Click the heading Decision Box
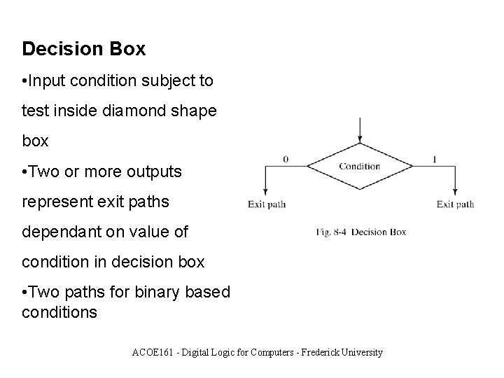point(84,49)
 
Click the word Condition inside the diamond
point(359,167)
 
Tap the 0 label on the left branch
point(286,160)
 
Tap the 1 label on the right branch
point(435,160)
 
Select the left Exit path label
point(267,204)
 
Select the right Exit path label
point(455,204)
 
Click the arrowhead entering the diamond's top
point(360,139)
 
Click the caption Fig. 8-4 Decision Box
point(360,232)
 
